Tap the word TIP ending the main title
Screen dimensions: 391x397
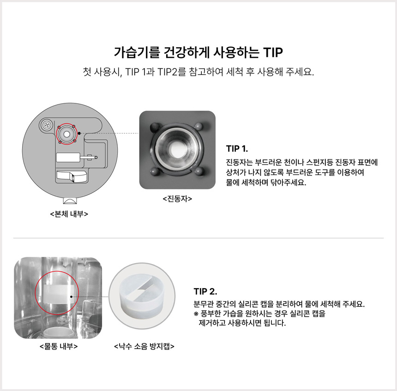(272, 51)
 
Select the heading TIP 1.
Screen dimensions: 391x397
(237, 149)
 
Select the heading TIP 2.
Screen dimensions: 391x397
(205, 292)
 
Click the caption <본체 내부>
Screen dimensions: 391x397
(69, 214)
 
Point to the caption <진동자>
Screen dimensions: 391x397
(177, 199)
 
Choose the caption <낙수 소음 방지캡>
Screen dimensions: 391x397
(144, 346)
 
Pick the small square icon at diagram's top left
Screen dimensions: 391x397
(46, 125)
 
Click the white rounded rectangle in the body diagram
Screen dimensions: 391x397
(67, 157)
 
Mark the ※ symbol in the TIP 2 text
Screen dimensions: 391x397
(196, 314)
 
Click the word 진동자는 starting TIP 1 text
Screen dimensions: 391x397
(238, 162)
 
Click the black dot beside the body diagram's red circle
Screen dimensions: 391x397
(80, 133)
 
